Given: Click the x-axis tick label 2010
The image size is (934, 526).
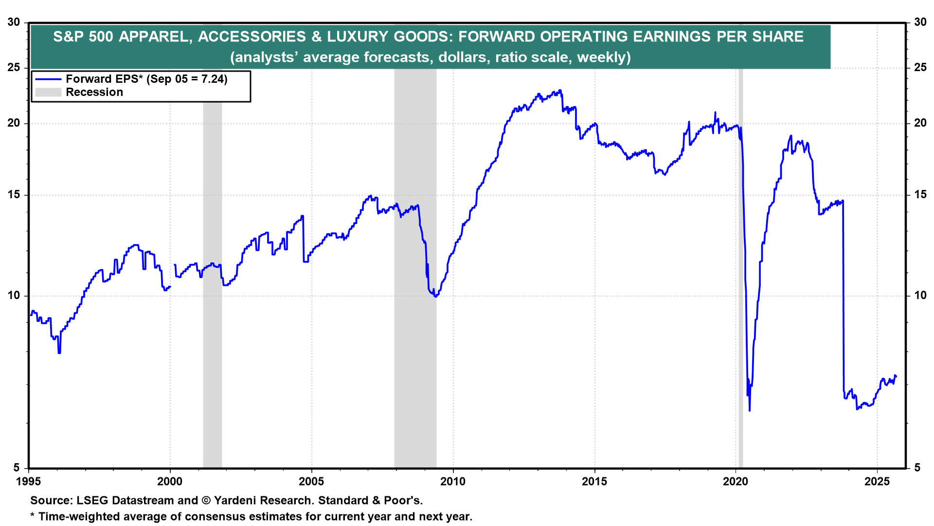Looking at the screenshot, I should tap(452, 482).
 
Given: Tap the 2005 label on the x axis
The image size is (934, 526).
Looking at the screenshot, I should tap(311, 482).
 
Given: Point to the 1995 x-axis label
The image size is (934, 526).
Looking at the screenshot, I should tap(29, 482).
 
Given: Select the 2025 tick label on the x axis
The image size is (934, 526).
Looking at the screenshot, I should tap(877, 482).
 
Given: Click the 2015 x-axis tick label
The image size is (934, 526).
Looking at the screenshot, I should tap(594, 482).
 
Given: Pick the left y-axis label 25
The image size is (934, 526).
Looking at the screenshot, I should tap(14, 67).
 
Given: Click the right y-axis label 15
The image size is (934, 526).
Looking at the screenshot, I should tap(920, 195).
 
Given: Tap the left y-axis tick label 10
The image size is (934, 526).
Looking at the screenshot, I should tap(14, 296).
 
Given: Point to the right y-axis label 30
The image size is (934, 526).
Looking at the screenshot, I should tap(920, 22).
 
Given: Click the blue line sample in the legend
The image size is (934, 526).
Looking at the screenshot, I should tap(48, 79).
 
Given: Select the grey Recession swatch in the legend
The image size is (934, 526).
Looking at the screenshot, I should tap(48, 93).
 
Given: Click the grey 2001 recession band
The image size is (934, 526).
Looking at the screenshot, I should tap(212, 341).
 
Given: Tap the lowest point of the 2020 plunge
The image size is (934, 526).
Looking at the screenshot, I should tap(750, 411).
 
